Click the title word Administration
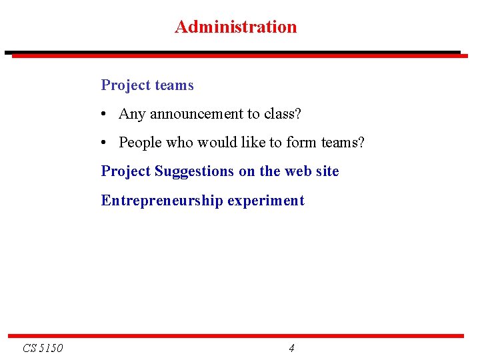[235, 27]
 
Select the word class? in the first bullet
[283, 114]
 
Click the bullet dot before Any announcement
[105, 115]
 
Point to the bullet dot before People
[105, 143]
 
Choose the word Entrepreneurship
[162, 201]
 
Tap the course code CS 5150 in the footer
[43, 348]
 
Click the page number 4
[291, 348]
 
